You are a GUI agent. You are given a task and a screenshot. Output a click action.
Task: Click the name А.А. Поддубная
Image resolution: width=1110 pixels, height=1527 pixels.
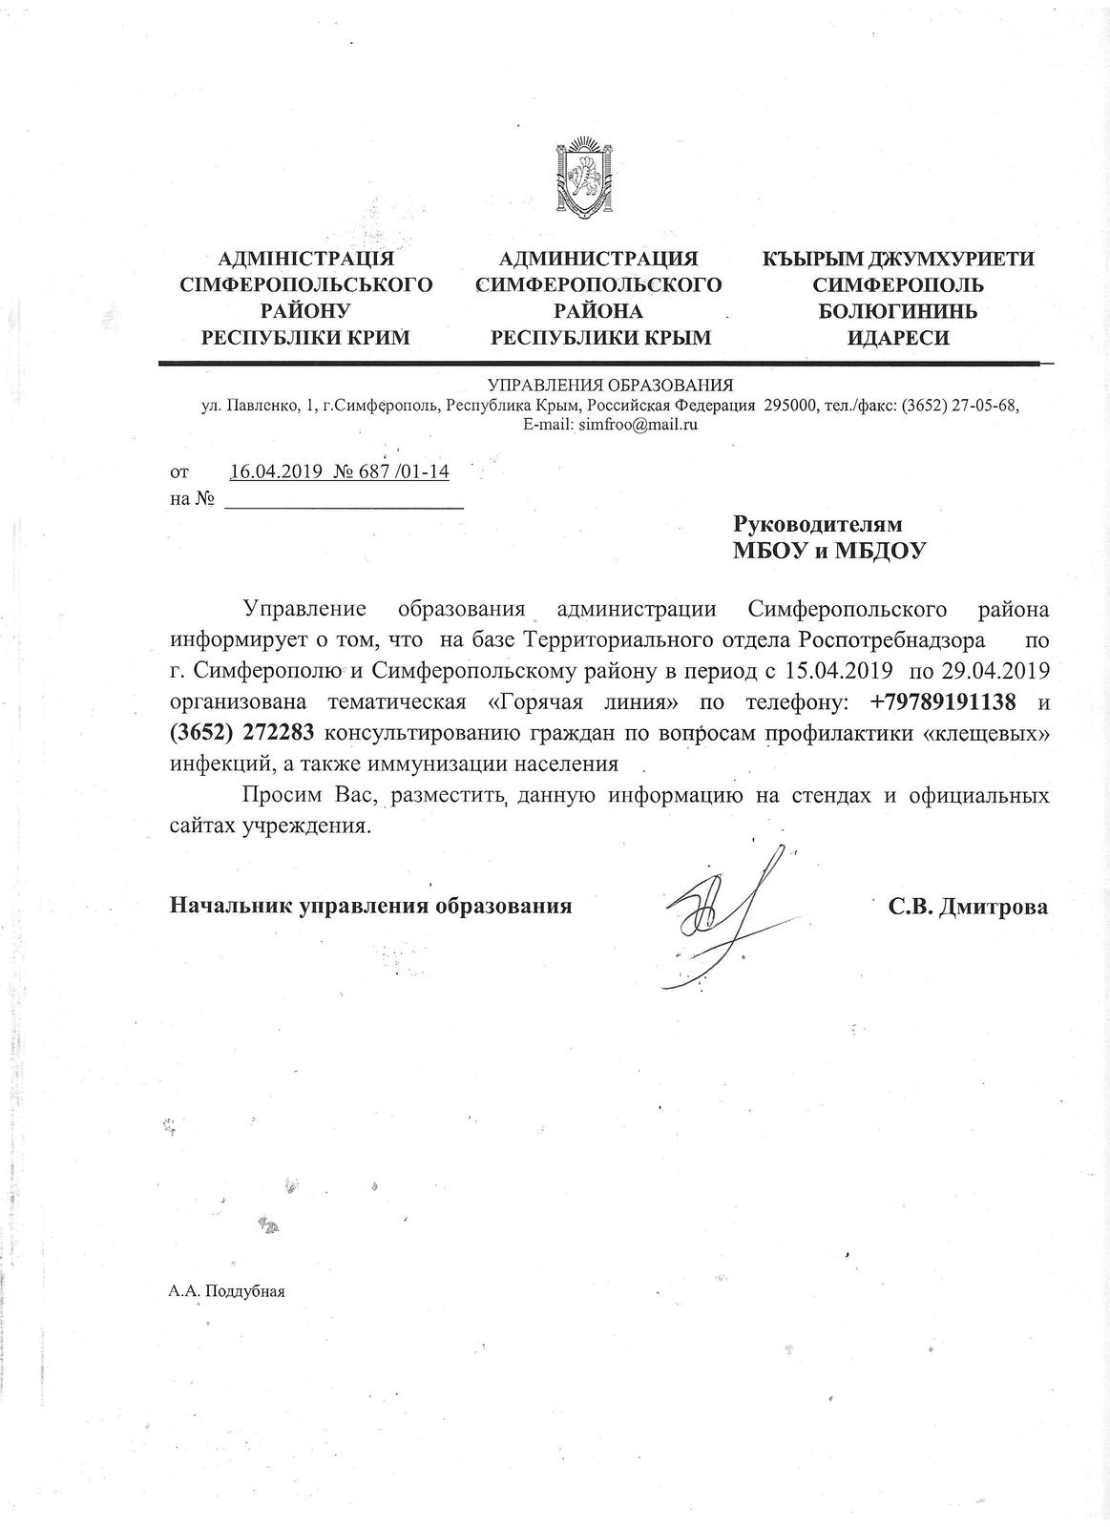226,1291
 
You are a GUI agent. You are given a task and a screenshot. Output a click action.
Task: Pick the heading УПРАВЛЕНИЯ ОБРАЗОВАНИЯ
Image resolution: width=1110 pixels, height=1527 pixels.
610,386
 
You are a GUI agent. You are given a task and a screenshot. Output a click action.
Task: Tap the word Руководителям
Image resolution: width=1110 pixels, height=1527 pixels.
816,524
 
